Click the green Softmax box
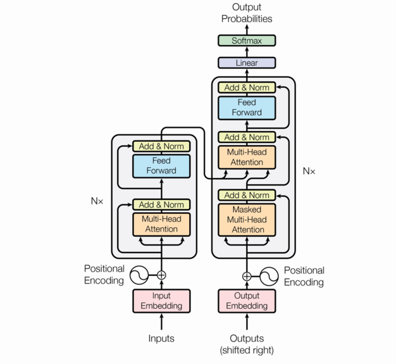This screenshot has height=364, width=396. click(247, 41)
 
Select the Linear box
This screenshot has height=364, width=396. click(247, 63)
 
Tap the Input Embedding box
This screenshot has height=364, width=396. click(161, 301)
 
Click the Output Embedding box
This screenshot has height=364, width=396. click(247, 301)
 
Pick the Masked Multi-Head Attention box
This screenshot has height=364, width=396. click(247, 219)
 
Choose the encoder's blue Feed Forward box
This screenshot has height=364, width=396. click(161, 166)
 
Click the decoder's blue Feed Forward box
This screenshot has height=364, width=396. click(247, 108)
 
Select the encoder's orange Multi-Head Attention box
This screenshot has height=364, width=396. click(161, 224)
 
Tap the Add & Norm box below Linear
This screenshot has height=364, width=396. click(247, 87)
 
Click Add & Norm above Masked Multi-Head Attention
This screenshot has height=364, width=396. click(247, 195)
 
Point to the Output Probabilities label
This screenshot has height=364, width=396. click(247, 13)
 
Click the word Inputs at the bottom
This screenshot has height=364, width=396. click(161, 339)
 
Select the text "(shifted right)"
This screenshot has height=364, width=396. click(247, 350)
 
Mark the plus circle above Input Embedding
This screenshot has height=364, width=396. click(161, 275)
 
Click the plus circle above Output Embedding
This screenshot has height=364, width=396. click(247, 276)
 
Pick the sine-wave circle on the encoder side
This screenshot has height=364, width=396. click(139, 275)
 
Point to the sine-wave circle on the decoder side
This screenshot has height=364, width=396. click(269, 276)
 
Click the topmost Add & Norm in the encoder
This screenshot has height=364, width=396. click(161, 146)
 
